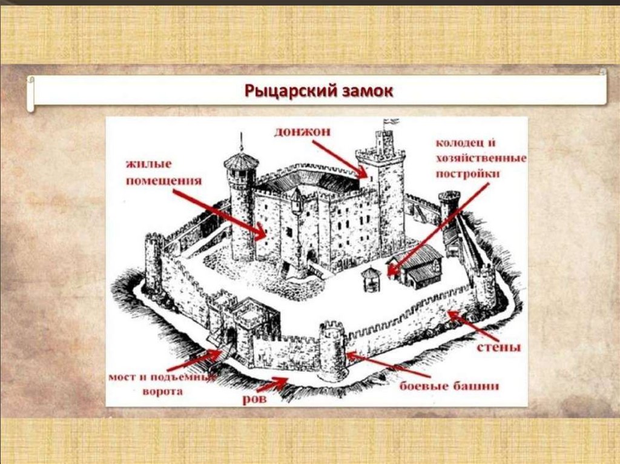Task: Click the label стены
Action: [x=499, y=348]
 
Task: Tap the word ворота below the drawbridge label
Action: [x=163, y=391]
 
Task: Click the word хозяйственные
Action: [x=481, y=158]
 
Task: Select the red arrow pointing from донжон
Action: [x=340, y=158]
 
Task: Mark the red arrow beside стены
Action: [x=473, y=326]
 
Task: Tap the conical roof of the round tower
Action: [x=241, y=160]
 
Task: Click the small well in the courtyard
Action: [x=370, y=279]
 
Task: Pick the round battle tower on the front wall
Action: [x=332, y=351]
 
